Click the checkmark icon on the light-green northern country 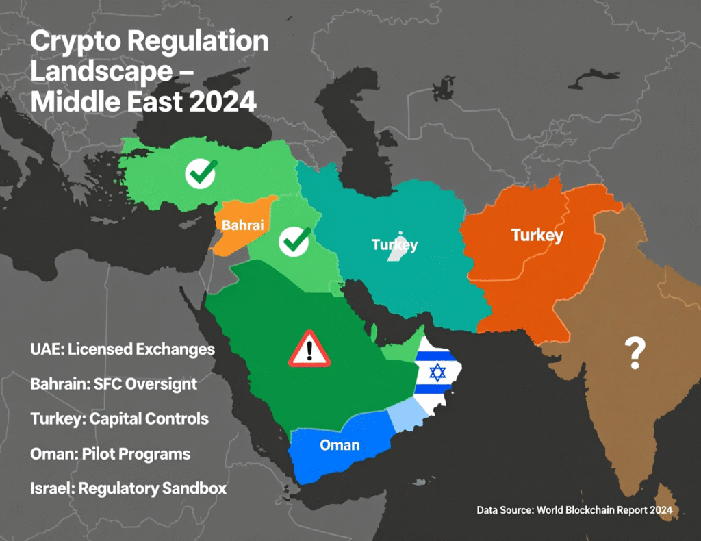(x=201, y=173)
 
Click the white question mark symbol (x=635, y=353)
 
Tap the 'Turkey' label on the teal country (x=394, y=244)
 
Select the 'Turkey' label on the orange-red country (x=537, y=236)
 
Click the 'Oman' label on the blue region (x=340, y=445)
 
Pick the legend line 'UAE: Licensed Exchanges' (x=123, y=350)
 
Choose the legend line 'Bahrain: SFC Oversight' (x=114, y=384)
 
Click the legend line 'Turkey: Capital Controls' (x=119, y=418)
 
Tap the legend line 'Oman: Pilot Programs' (x=110, y=453)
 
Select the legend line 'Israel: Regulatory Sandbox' (x=128, y=488)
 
